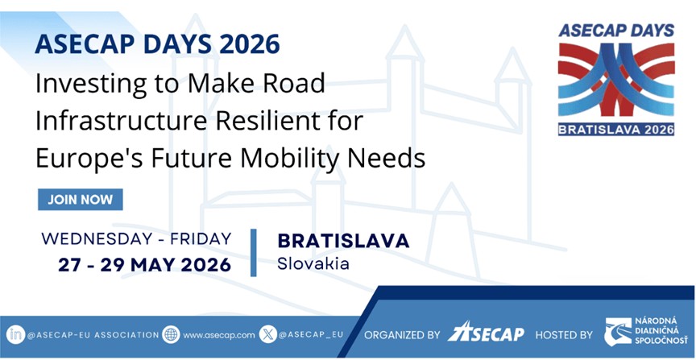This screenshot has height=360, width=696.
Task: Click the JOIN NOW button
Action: pyautogui.click(x=81, y=200)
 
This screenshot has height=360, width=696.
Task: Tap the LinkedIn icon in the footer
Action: pyautogui.click(x=15, y=334)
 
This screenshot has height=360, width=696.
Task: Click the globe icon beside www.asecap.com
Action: pyautogui.click(x=171, y=334)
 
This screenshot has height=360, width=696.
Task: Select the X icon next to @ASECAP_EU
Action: pyautogui.click(x=267, y=334)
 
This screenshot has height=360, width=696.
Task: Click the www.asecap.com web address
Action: pyautogui.click(x=219, y=335)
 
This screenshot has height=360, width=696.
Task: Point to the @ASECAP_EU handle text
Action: pyautogui.click(x=311, y=335)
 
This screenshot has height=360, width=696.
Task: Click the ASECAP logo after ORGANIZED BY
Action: pyautogui.click(x=485, y=332)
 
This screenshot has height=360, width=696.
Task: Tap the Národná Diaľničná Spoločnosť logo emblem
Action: pyautogui.click(x=618, y=332)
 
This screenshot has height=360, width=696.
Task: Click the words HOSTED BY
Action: pyautogui.click(x=564, y=335)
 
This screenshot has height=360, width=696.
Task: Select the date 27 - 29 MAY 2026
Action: pyautogui.click(x=145, y=265)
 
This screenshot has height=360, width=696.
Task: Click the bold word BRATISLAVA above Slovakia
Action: pyautogui.click(x=343, y=241)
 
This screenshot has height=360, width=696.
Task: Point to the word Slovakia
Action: pyautogui.click(x=313, y=263)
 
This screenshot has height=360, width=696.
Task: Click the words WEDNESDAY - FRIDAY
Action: pyautogui.click(x=137, y=239)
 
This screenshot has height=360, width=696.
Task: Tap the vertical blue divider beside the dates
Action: pyautogui.click(x=254, y=253)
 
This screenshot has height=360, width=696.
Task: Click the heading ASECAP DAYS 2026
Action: pyautogui.click(x=157, y=44)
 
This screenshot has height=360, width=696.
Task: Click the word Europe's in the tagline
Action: pyautogui.click(x=89, y=158)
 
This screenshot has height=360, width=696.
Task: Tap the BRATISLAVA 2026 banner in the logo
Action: pyautogui.click(x=616, y=129)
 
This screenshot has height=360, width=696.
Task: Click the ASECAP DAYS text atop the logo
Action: pyautogui.click(x=616, y=30)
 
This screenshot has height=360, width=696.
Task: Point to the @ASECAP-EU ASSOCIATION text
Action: pyautogui.click(x=93, y=335)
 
